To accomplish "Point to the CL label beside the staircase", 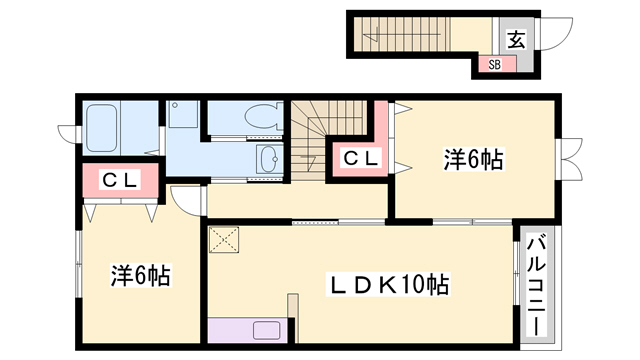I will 361,158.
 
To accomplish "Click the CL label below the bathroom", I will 122,180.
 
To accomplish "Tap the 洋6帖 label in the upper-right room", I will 472,158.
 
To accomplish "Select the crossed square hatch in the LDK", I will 222,241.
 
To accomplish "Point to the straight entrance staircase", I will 420,34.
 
